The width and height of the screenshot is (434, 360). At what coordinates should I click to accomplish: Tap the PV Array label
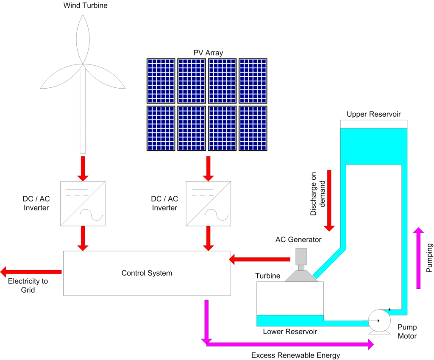208,53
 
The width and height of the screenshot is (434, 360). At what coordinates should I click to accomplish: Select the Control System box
147,273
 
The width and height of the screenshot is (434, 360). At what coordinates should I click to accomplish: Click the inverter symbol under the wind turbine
83,204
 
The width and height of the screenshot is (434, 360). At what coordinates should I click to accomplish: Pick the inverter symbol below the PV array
208,204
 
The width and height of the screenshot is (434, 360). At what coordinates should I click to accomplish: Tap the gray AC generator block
301,256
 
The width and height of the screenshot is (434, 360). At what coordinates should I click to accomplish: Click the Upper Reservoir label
373,114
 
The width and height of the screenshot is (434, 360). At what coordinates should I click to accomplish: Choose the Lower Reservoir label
290,332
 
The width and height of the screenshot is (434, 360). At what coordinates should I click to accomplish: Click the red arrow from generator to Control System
259,259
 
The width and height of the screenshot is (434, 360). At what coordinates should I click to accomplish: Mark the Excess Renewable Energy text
295,355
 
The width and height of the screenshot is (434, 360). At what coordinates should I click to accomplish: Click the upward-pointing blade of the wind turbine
83,38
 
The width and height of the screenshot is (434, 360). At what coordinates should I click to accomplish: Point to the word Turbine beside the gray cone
267,276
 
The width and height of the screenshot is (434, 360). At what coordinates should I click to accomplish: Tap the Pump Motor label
407,332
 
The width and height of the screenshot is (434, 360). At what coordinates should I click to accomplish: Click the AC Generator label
298,240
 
